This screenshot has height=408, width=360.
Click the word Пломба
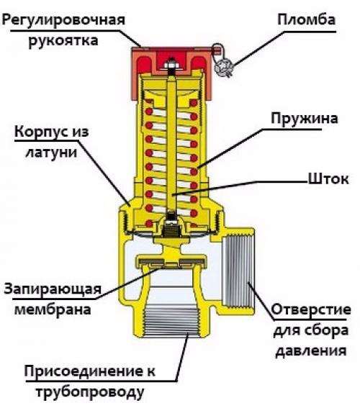307,19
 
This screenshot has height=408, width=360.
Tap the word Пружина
305,119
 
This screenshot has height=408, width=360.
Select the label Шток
328,179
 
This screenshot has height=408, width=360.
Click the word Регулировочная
64,20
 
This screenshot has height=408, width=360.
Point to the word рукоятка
63,41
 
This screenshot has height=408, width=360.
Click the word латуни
52,153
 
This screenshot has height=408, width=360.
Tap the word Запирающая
53,289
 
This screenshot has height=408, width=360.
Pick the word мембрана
53,309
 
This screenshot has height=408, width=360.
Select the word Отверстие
311,309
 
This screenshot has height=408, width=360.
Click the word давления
311,351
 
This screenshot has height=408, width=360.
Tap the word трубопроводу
90,393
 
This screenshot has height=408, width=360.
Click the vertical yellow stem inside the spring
171,145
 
